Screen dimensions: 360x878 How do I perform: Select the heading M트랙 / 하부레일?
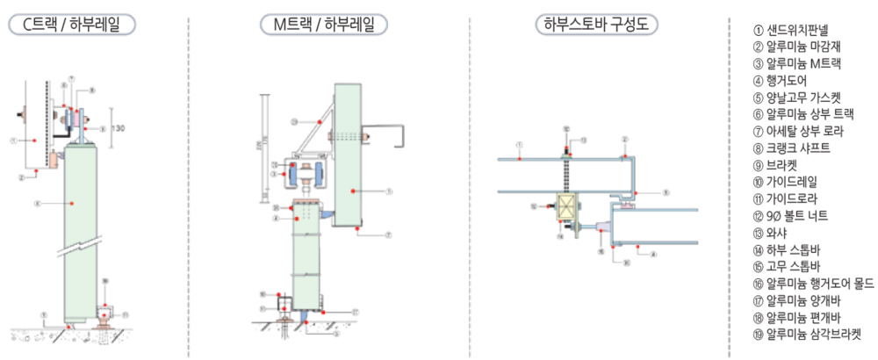coord(324,25)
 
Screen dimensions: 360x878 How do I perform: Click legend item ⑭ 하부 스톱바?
coord(785,249)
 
